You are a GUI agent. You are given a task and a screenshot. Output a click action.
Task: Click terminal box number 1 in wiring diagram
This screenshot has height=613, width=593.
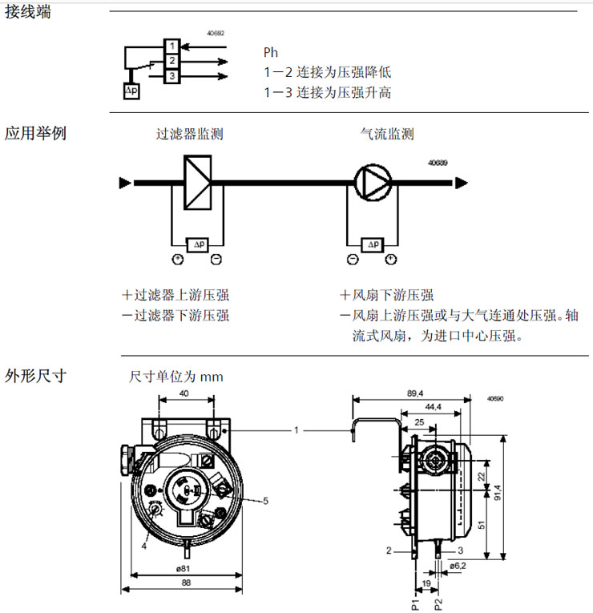pos(171,46)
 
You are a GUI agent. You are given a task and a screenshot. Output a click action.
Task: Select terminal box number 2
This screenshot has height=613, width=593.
pos(171,61)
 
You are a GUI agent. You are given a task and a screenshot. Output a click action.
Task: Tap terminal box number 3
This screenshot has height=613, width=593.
pos(171,75)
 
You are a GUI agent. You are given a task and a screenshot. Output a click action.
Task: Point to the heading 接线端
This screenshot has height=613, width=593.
pos(28,12)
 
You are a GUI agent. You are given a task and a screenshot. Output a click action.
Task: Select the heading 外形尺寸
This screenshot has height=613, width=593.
pos(35,374)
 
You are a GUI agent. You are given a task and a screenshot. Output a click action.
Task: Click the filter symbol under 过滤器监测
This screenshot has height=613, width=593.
pos(197,183)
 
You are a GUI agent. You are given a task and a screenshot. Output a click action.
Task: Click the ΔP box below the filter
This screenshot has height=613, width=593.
pos(197,244)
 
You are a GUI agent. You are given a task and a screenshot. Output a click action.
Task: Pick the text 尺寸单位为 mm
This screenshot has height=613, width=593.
pos(176,377)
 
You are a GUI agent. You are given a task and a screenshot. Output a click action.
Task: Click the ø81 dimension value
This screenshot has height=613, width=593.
pos(183,569)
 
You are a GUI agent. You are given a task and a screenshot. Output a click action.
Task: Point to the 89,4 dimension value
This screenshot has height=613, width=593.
pos(414,393)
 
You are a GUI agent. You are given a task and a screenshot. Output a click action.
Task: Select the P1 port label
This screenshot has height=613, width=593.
pos(416,603)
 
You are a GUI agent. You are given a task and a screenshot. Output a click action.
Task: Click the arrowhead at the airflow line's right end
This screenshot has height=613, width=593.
pos(461,183)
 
